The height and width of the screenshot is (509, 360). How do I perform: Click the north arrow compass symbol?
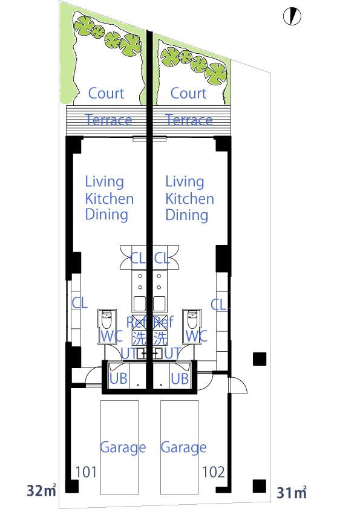pyautogui.click(x=292, y=16)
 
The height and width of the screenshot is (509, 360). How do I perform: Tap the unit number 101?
pyautogui.click(x=86, y=472)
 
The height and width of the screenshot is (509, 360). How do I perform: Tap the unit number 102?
pyautogui.click(x=214, y=472)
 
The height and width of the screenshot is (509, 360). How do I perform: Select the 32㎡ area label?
pyautogui.click(x=42, y=490)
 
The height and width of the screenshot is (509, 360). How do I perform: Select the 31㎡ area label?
pyautogui.click(x=292, y=493)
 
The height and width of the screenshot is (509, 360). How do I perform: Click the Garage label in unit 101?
pyautogui.click(x=123, y=448)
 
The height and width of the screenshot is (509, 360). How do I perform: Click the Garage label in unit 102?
pyautogui.click(x=183, y=448)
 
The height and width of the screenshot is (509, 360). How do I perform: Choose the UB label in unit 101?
pyautogui.click(x=118, y=378)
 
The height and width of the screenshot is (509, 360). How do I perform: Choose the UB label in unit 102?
pyautogui.click(x=180, y=378)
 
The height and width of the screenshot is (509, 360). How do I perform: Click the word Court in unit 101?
pyautogui.click(x=106, y=94)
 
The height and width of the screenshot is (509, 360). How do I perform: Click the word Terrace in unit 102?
pyautogui.click(x=189, y=120)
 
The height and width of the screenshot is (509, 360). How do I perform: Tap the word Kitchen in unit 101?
pyautogui.click(x=110, y=199)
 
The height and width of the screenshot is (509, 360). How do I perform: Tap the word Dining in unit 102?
pyautogui.click(x=187, y=215)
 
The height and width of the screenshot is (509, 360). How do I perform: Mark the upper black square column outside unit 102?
pyautogui.click(x=260, y=359)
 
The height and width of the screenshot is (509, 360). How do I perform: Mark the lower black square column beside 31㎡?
pyautogui.click(x=260, y=486)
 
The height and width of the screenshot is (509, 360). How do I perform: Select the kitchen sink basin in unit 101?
pyautogui.click(x=140, y=304)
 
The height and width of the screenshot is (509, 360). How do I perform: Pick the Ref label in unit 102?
pyautogui.click(x=163, y=322)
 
